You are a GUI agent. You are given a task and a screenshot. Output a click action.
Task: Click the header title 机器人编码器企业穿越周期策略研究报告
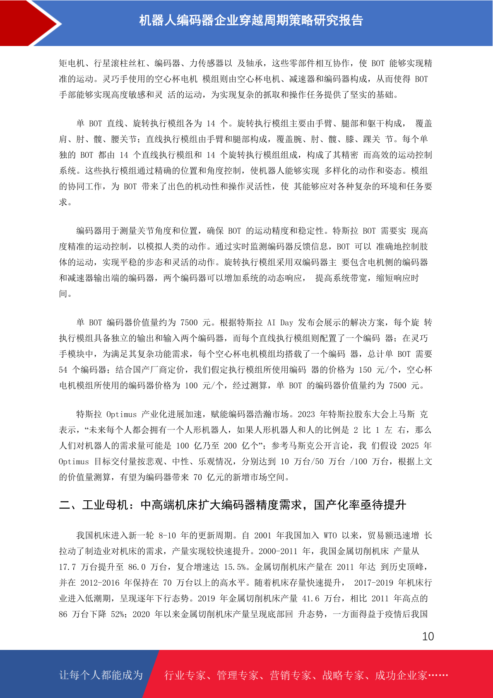click(251, 20)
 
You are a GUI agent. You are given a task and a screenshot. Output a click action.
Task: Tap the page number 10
click(428, 636)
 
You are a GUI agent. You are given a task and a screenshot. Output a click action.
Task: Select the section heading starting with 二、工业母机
click(232, 505)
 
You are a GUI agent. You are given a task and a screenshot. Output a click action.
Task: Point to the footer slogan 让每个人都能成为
click(101, 675)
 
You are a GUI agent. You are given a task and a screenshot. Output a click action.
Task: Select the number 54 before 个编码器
click(63, 370)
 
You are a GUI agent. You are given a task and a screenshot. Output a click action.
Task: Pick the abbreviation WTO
click(330, 536)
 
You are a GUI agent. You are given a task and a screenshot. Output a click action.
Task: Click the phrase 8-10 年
click(172, 536)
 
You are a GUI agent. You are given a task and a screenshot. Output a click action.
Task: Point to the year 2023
click(306, 414)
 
